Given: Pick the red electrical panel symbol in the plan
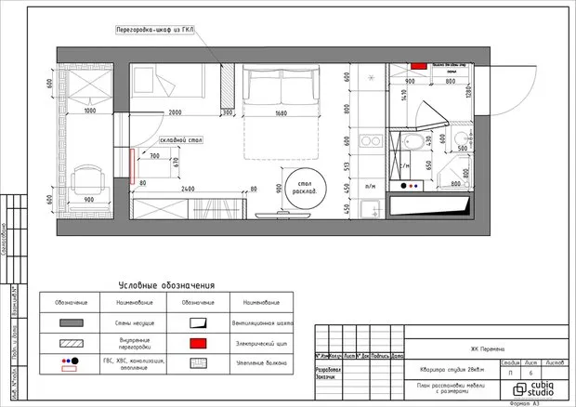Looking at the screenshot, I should [x=418, y=67].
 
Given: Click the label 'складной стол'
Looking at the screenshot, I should [x=181, y=139].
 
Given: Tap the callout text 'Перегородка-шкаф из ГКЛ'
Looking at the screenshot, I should [x=169, y=31].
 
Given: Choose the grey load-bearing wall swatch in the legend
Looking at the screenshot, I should [x=71, y=322].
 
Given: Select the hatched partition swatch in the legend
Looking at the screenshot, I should [x=71, y=343].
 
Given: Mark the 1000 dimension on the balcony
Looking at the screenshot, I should [x=89, y=112].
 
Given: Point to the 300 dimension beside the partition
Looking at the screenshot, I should [x=228, y=113].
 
